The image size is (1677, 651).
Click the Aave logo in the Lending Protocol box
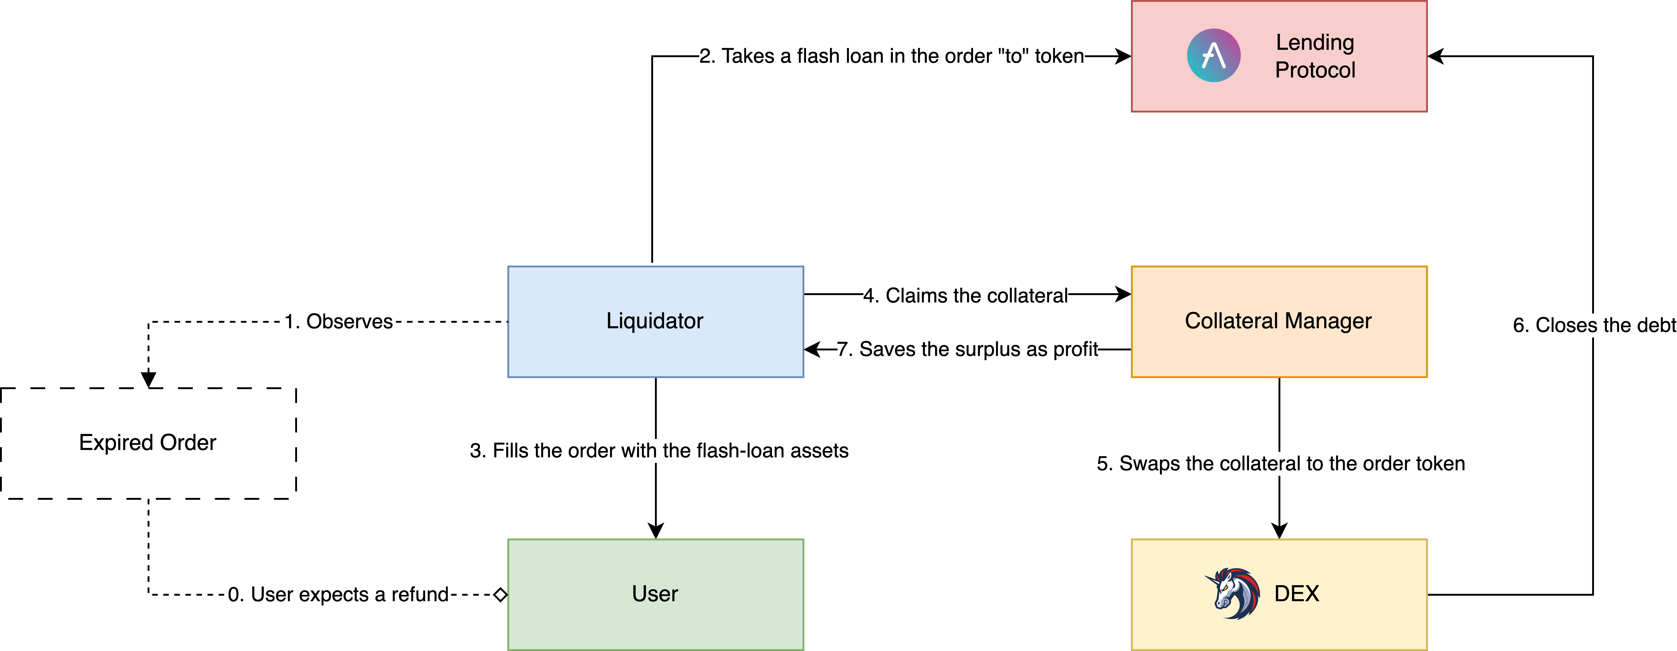(x=1213, y=55)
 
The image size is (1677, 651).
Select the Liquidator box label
(x=655, y=321)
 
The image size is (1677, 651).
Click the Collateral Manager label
(x=1278, y=321)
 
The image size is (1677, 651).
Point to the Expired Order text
(x=148, y=443)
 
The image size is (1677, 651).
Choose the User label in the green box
(x=655, y=594)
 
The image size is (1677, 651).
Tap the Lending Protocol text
(x=1315, y=56)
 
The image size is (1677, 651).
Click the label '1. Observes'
(x=338, y=322)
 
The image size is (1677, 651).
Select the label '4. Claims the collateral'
(x=965, y=296)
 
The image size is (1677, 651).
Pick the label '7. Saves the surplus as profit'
(x=968, y=350)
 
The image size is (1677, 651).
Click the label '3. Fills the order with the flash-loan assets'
(x=659, y=451)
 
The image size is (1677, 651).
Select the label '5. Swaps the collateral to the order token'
(x=1281, y=463)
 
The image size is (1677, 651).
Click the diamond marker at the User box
(x=500, y=594)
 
